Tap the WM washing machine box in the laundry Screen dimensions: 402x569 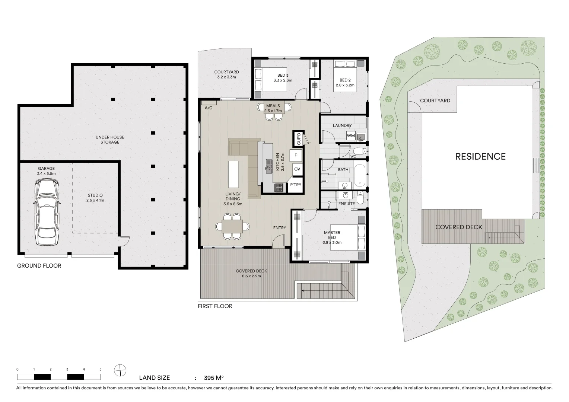tap(351, 136)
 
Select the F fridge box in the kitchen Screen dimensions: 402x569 tap(296, 155)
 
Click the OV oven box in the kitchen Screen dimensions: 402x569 tap(297, 169)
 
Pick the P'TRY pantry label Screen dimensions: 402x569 tap(295, 185)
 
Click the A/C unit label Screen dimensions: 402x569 tap(209, 108)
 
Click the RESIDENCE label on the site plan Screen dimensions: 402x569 tap(480, 156)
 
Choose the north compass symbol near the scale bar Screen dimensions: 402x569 tap(120, 370)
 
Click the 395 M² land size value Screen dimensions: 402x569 tap(213, 378)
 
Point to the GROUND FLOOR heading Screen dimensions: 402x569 tap(39, 266)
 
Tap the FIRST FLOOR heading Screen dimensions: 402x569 tap(215, 306)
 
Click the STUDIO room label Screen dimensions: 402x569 tap(95, 195)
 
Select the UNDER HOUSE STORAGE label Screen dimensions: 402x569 tap(110, 140)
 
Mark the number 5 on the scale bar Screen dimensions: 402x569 tap(101, 369)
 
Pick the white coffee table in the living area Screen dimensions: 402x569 tap(233, 174)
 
